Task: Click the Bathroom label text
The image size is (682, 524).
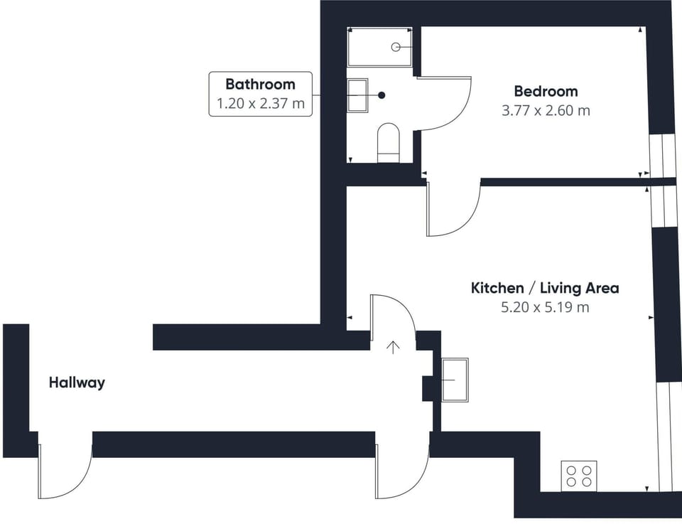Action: (x=260, y=84)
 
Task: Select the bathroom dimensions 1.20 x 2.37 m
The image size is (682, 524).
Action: (x=261, y=104)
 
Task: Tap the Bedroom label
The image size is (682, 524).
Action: (x=546, y=92)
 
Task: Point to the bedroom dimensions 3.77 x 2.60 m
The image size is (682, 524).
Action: (x=546, y=110)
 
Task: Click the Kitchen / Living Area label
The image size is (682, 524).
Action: (x=545, y=288)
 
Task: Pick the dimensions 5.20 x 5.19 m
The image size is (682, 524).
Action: (x=545, y=307)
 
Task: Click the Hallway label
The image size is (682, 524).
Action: (x=77, y=383)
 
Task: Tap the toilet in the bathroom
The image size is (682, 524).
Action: (x=389, y=143)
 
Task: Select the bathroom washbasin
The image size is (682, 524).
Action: (x=357, y=95)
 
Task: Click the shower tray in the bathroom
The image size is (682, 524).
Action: (x=379, y=46)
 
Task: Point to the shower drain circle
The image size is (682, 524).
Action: (x=396, y=47)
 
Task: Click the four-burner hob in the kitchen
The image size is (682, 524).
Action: (x=578, y=476)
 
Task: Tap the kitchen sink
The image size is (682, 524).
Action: (x=455, y=380)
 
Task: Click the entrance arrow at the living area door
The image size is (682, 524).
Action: (x=393, y=347)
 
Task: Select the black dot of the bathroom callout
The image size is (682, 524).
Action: (x=381, y=95)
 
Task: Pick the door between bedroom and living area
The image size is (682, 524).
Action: (x=453, y=209)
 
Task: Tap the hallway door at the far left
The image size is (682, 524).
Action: (x=65, y=466)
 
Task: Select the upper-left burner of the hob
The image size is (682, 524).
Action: (x=571, y=471)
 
